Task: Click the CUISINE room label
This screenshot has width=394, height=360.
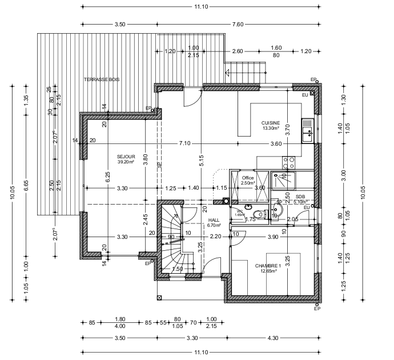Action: pos(270,123)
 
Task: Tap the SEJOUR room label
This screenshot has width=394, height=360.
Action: pos(126,155)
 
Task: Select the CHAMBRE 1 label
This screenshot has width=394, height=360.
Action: pos(267,266)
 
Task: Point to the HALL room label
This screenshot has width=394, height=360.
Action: pos(214,220)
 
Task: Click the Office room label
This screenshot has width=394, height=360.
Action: pos(247,178)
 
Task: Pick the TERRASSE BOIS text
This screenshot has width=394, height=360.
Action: pos(102,79)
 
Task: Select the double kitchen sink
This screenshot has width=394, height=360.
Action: pos(308,131)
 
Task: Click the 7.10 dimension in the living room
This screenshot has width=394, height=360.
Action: pos(185,143)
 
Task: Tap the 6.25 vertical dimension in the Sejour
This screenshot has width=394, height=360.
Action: pos(108,177)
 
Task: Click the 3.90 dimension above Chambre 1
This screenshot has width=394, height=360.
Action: pos(273,236)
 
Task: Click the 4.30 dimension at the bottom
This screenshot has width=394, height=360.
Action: pos(273,338)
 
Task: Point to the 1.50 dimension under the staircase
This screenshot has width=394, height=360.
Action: pos(178,269)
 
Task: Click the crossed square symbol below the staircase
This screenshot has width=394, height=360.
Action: pos(159,297)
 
